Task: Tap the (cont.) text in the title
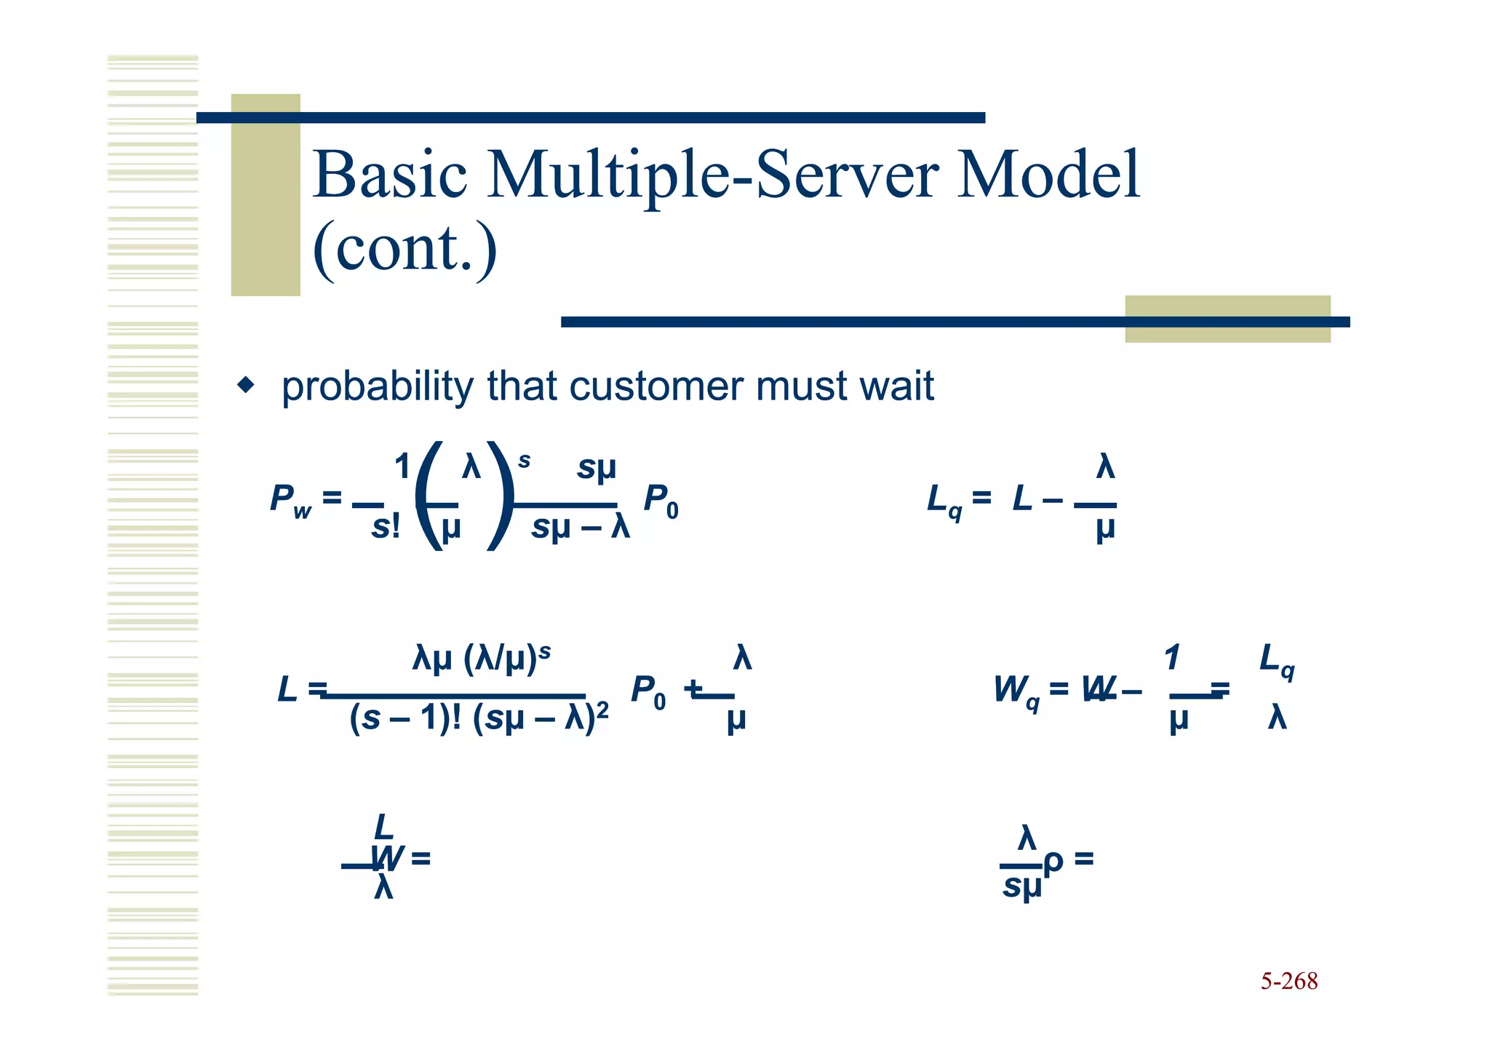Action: (x=405, y=249)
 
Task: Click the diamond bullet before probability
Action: (x=247, y=385)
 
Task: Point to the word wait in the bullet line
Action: (x=896, y=386)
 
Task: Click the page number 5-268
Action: (x=1288, y=981)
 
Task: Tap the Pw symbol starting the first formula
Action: (x=290, y=501)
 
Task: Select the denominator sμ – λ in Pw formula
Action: (x=580, y=527)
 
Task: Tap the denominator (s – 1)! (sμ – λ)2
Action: (x=478, y=718)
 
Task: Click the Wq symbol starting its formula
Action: (x=1016, y=690)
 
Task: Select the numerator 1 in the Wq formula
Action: (x=1171, y=658)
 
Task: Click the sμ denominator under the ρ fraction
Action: (x=1021, y=887)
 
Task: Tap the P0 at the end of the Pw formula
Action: (x=661, y=501)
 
